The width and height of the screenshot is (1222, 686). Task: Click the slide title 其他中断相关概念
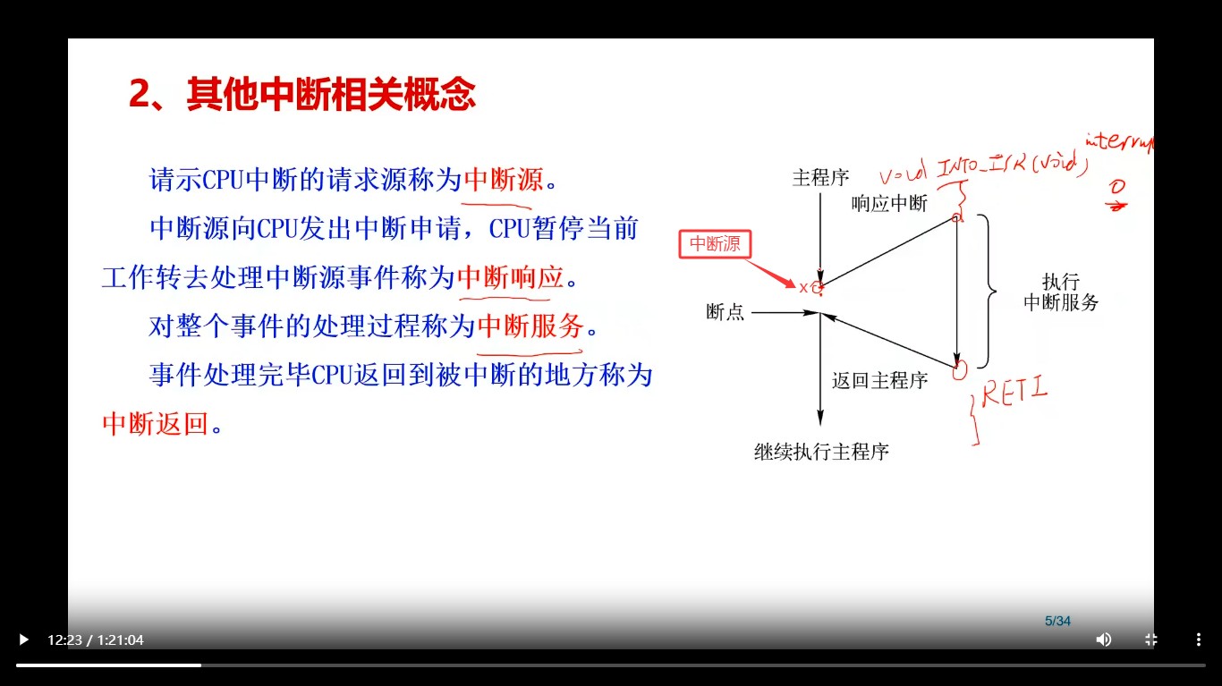click(x=302, y=93)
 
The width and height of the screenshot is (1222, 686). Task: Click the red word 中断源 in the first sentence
click(x=504, y=180)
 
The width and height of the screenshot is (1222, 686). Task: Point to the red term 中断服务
click(x=530, y=326)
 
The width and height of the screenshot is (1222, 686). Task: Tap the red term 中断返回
click(x=155, y=423)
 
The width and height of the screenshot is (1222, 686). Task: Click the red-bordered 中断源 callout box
click(x=715, y=244)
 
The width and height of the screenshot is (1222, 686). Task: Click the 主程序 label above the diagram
click(x=820, y=177)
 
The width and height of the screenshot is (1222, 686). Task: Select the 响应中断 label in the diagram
click(x=889, y=204)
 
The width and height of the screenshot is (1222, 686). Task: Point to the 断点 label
click(x=725, y=312)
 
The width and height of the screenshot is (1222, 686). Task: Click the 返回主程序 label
click(x=879, y=380)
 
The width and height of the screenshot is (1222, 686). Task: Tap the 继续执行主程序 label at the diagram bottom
click(x=821, y=452)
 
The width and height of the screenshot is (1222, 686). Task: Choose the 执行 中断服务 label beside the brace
click(x=1061, y=292)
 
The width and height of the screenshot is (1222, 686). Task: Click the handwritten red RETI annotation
click(x=1015, y=394)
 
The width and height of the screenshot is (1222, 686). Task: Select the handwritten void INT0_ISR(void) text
click(x=982, y=167)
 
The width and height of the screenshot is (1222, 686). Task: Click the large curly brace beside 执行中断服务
click(x=989, y=291)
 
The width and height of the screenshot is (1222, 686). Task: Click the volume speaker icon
click(x=1104, y=639)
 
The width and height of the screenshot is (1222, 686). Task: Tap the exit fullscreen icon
click(x=1151, y=639)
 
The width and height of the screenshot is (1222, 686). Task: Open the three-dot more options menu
click(x=1199, y=639)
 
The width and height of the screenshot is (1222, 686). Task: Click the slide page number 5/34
click(x=1057, y=621)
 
